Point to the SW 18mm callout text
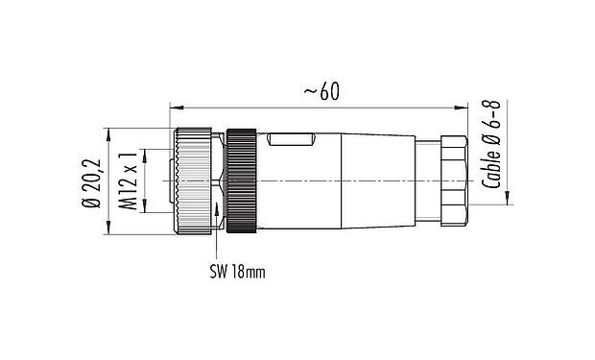(236, 272)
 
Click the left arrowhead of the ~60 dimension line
(174, 103)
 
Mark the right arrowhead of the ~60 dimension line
(474, 103)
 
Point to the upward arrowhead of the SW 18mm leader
(221, 207)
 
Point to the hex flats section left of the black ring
(222, 180)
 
